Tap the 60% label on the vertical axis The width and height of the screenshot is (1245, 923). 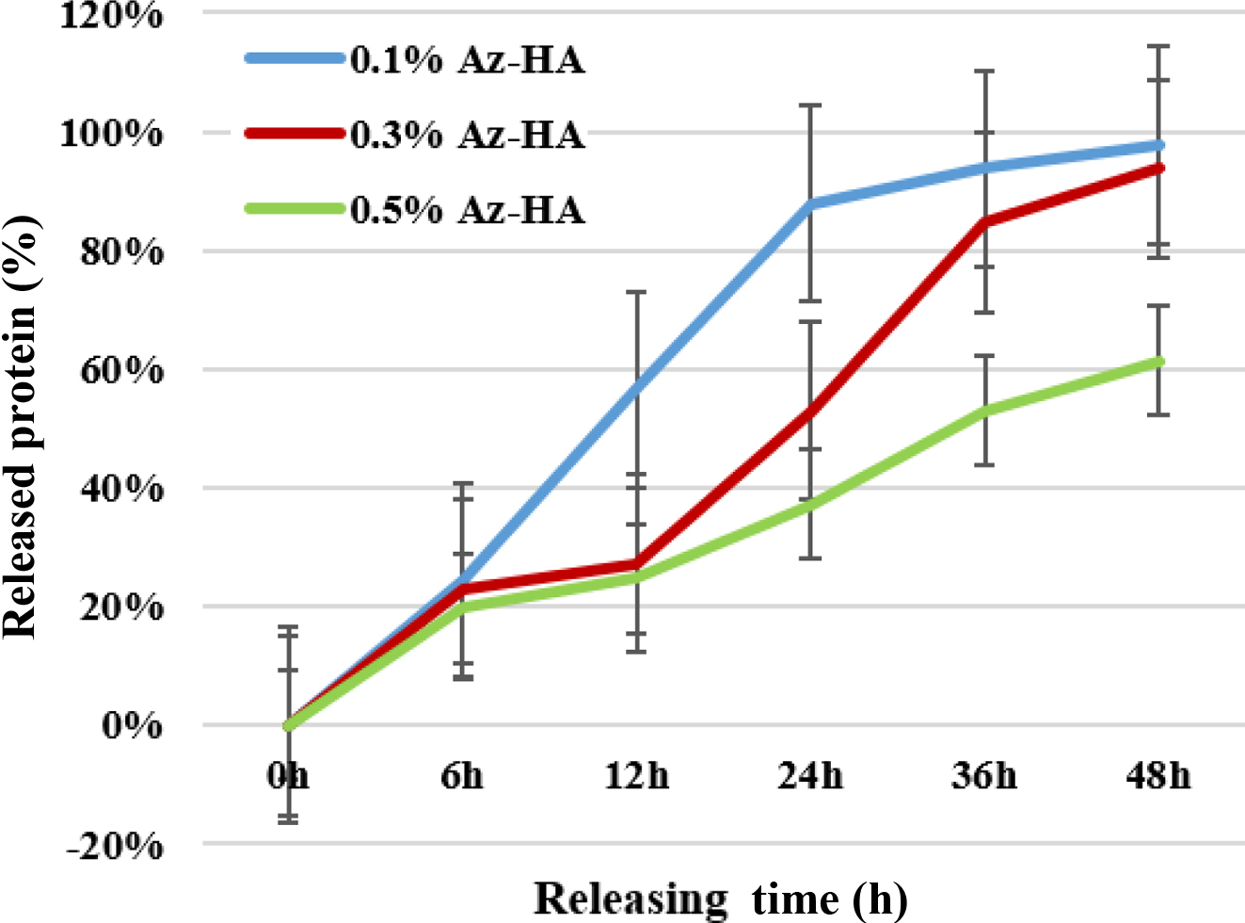click(121, 370)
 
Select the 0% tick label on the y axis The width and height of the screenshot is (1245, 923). click(133, 725)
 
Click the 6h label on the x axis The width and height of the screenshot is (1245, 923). click(462, 776)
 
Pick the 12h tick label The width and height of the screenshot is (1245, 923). click(637, 776)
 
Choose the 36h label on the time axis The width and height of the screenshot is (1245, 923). click(984, 776)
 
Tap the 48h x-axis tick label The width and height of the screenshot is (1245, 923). click(1158, 776)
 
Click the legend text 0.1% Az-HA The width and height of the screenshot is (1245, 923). click(468, 60)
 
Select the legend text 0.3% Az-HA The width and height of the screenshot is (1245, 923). click(468, 135)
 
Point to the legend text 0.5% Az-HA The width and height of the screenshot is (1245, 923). click(468, 209)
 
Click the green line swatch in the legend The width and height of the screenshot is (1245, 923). click(295, 208)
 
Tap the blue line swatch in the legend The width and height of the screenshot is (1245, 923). click(295, 58)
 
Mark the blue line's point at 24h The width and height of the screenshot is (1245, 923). click(811, 203)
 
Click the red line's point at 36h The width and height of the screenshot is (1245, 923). click(985, 222)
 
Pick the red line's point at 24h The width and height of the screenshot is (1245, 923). click(811, 411)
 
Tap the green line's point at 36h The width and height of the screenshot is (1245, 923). click(985, 411)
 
